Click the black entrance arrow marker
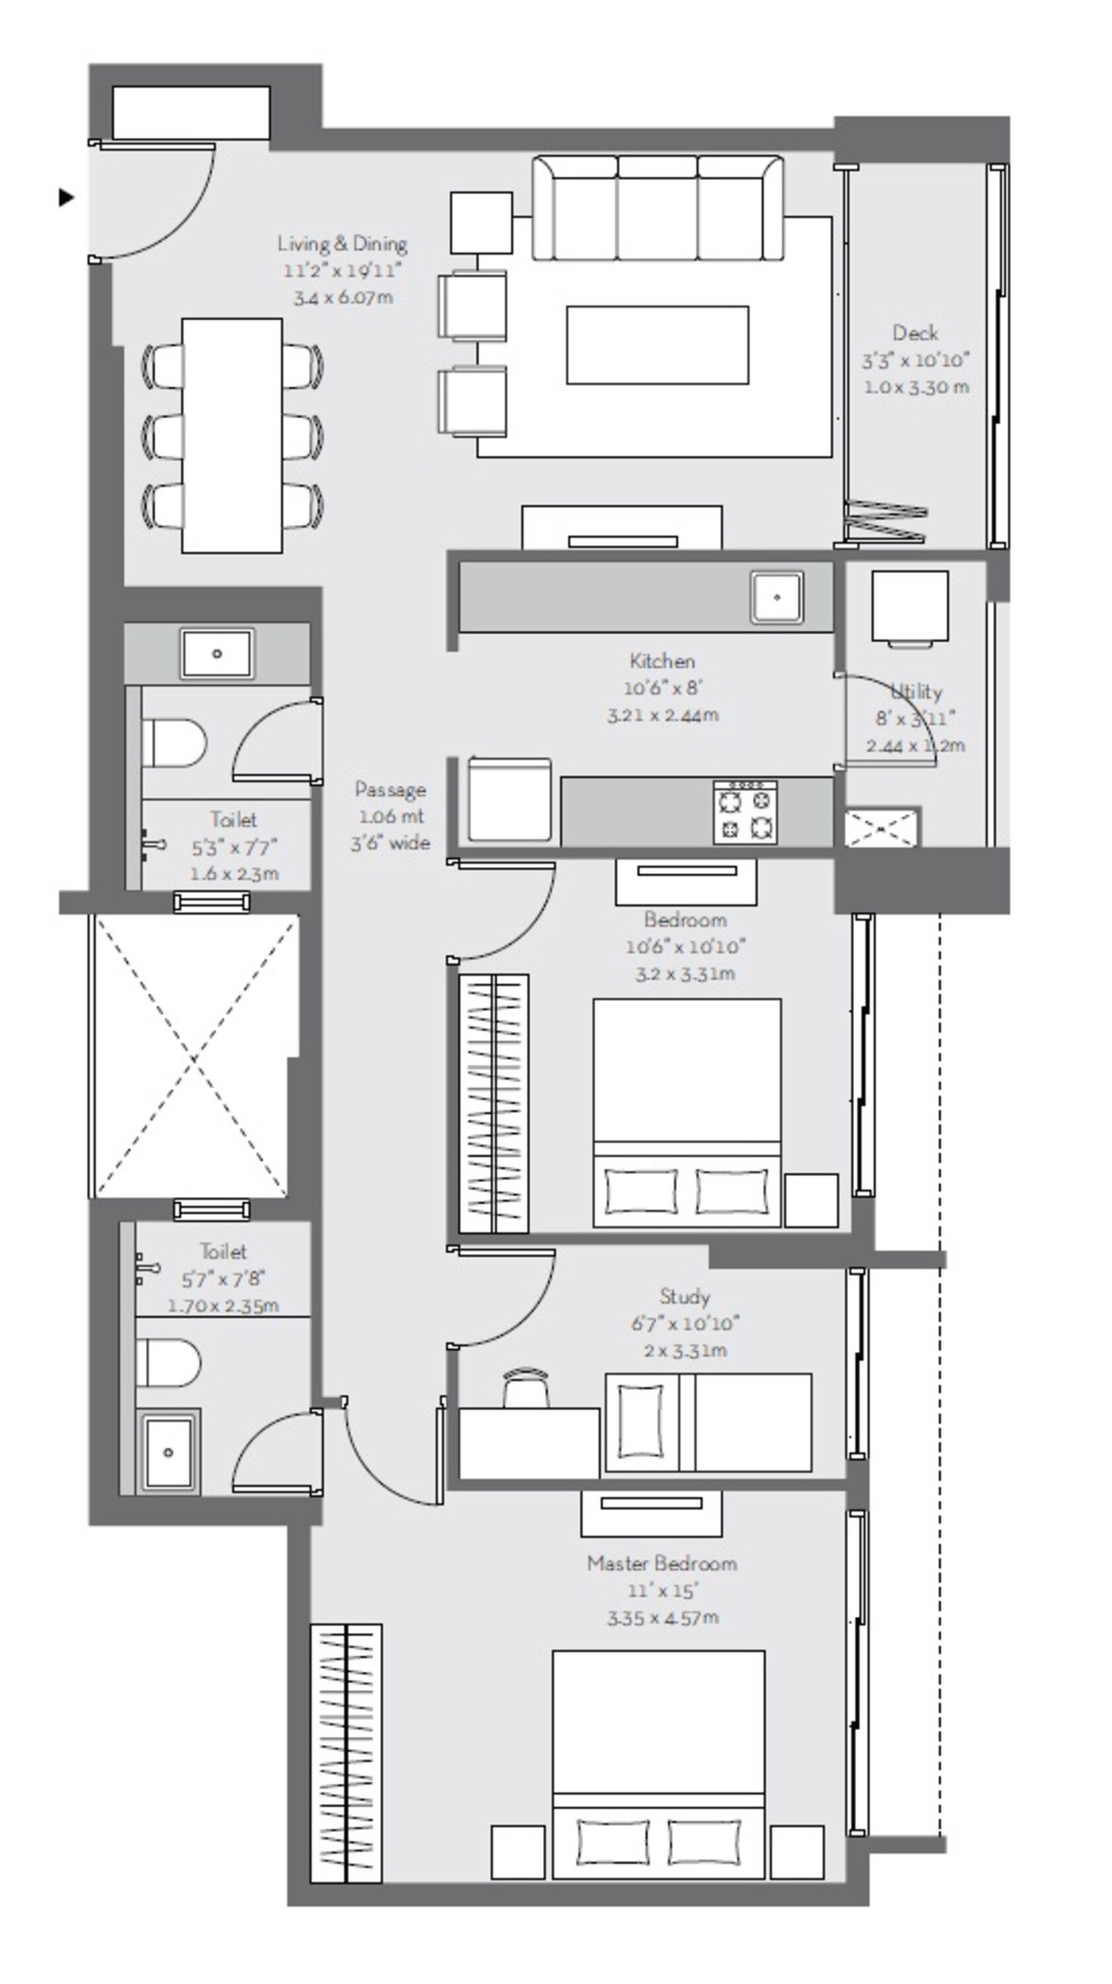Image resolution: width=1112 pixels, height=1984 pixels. (66, 197)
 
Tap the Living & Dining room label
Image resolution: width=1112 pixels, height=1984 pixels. (342, 244)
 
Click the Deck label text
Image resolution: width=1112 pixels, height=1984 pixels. (915, 333)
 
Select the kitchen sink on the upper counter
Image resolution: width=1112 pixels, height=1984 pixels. (777, 597)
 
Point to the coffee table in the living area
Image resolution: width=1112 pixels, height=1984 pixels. (658, 345)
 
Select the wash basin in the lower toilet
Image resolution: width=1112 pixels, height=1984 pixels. (169, 1452)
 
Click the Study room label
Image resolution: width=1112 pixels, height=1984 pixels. (684, 1297)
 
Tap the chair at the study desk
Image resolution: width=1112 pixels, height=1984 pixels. (527, 1388)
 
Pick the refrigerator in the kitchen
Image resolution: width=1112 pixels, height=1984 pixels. (509, 800)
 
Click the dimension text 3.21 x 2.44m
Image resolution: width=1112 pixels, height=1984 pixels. (662, 716)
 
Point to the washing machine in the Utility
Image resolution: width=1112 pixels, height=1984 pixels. (910, 606)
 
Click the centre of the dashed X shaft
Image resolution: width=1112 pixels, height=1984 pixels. (194, 1056)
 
